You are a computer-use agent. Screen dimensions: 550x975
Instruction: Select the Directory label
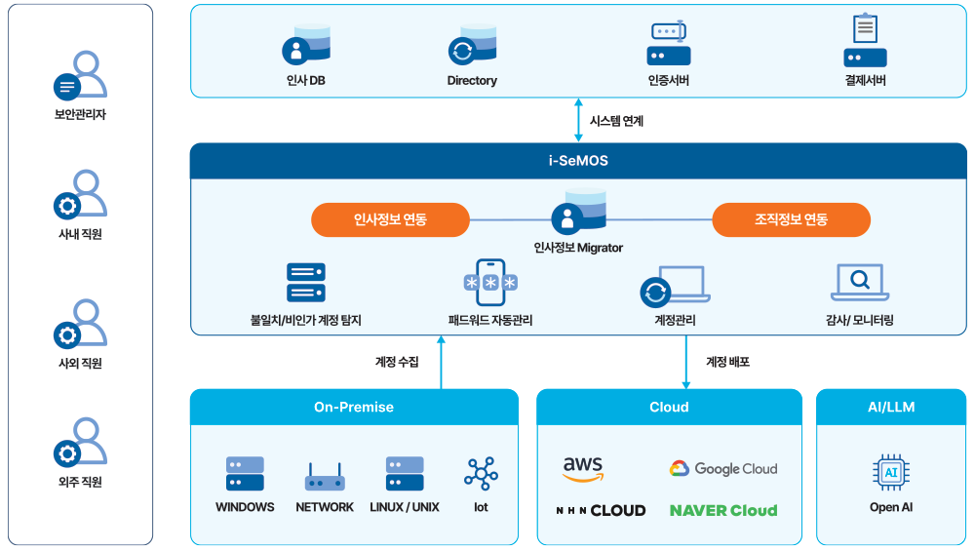click(472, 81)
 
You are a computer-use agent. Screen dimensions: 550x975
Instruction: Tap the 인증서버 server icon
click(669, 44)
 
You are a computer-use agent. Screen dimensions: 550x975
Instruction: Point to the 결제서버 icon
click(865, 42)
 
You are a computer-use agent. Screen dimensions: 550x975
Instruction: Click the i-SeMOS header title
click(578, 161)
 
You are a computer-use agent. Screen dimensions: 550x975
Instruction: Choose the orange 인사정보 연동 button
click(390, 219)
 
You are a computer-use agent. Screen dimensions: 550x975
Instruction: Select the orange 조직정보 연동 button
click(791, 219)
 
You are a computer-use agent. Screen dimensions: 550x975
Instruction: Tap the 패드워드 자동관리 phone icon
click(490, 283)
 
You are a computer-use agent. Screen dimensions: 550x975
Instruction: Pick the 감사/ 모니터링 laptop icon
click(859, 283)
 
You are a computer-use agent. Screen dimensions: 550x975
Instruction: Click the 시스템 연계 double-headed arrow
click(578, 121)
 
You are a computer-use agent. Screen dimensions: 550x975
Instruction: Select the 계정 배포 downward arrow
click(685, 362)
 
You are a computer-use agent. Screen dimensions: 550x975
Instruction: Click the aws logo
click(583, 468)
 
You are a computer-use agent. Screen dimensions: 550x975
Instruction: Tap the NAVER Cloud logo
click(723, 510)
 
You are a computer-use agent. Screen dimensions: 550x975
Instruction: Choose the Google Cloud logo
click(723, 469)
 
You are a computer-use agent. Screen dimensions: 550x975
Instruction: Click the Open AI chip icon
click(890, 473)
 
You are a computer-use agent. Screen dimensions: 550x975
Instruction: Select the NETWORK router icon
click(325, 476)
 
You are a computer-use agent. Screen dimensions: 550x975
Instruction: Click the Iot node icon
click(481, 473)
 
